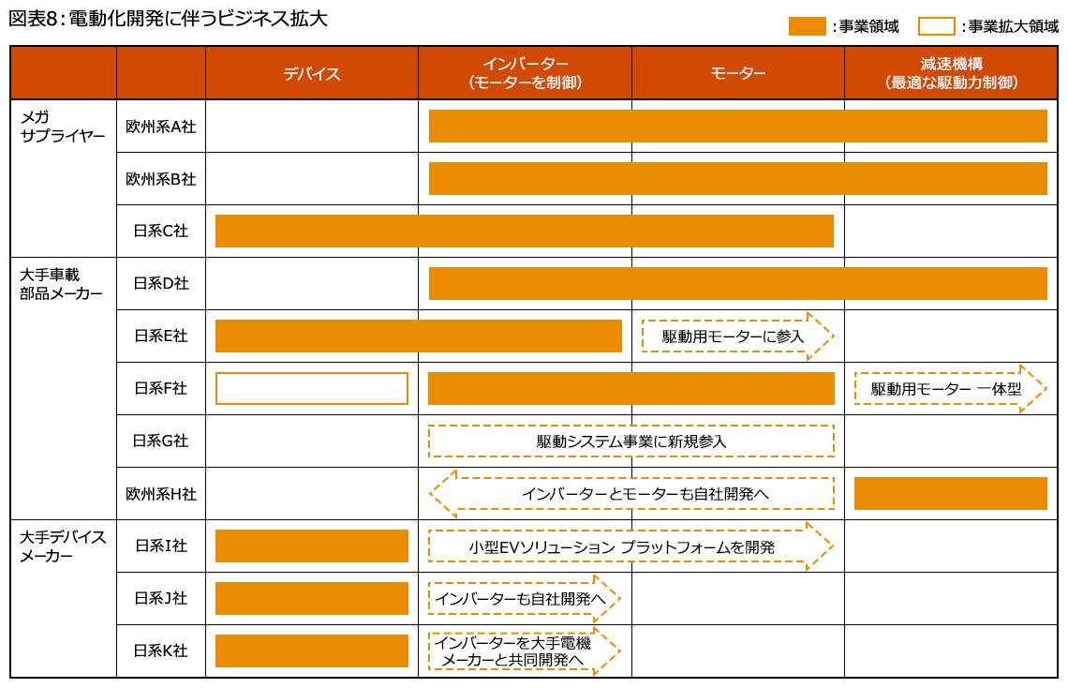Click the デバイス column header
pyautogui.click(x=312, y=73)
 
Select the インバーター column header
pyautogui.click(x=525, y=73)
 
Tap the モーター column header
pyautogui.click(x=738, y=73)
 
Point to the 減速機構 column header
pyautogui.click(x=951, y=73)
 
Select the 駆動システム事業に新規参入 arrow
pyautogui.click(x=631, y=441)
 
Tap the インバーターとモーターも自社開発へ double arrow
pyautogui.click(x=631, y=493)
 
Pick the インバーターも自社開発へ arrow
pyautogui.click(x=525, y=598)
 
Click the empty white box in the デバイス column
pyautogui.click(x=312, y=388)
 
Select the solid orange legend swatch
pyautogui.click(x=808, y=26)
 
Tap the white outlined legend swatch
pyautogui.click(x=937, y=26)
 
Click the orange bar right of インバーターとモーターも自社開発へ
pyautogui.click(x=950, y=493)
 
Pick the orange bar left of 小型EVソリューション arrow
pyautogui.click(x=312, y=546)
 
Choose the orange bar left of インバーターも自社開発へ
pyautogui.click(x=312, y=598)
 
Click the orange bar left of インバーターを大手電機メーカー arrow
pyautogui.click(x=312, y=651)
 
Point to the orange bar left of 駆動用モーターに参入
pyautogui.click(x=418, y=336)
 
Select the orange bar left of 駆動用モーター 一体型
pyautogui.click(x=630, y=388)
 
